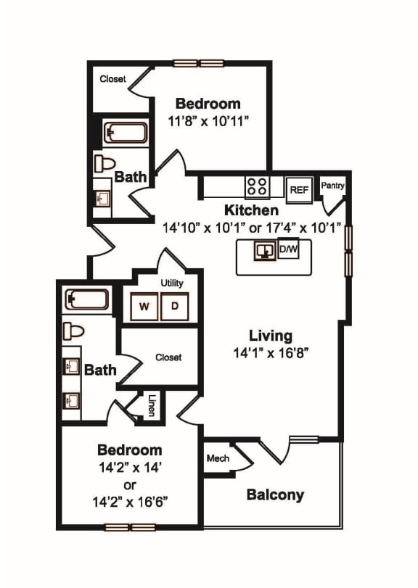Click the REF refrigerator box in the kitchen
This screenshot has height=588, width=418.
(x=298, y=189)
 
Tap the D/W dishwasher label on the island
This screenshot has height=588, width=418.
(x=287, y=251)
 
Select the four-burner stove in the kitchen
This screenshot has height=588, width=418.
(x=257, y=187)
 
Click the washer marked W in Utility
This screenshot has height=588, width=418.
(x=145, y=306)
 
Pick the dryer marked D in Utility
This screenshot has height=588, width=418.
(x=174, y=306)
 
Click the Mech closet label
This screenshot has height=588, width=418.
(x=218, y=458)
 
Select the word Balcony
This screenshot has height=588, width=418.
(x=275, y=495)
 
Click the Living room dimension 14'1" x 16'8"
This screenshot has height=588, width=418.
(x=271, y=355)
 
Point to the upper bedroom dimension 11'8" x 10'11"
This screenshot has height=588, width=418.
(x=208, y=121)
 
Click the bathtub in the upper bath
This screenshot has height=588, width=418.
(x=126, y=133)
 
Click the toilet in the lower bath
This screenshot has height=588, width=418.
(x=73, y=331)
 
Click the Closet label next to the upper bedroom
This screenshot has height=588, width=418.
(x=112, y=78)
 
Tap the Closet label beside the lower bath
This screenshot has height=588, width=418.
(x=168, y=357)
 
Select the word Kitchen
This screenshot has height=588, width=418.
(x=251, y=210)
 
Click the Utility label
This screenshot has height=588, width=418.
(x=172, y=283)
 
